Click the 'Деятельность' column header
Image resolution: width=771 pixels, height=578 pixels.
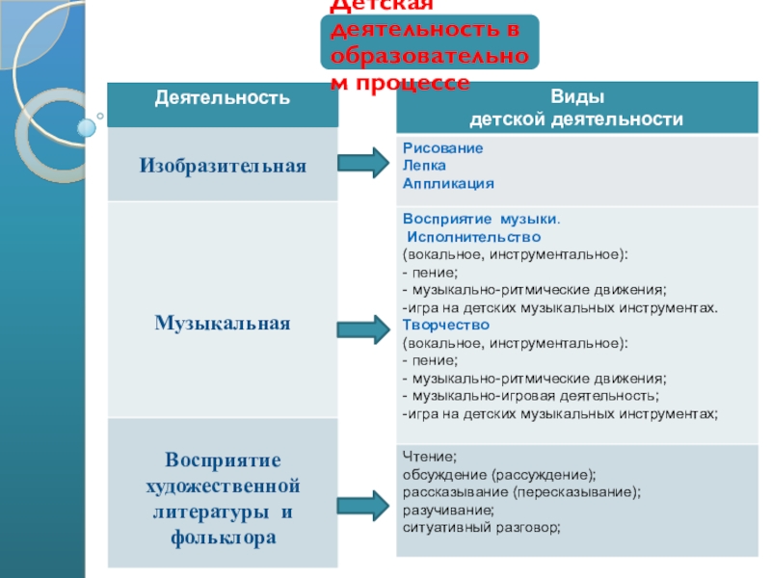point(223,97)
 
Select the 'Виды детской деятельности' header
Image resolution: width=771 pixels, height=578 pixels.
point(576,108)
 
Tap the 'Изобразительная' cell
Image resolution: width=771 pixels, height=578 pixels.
point(223,166)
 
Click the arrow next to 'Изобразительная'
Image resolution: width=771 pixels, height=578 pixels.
point(363,165)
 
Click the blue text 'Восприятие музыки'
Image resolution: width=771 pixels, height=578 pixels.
point(480,220)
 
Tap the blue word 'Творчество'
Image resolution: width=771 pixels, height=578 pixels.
point(439,325)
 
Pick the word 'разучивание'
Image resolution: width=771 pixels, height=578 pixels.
point(448,510)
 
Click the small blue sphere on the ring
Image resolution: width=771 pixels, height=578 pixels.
point(87,126)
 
